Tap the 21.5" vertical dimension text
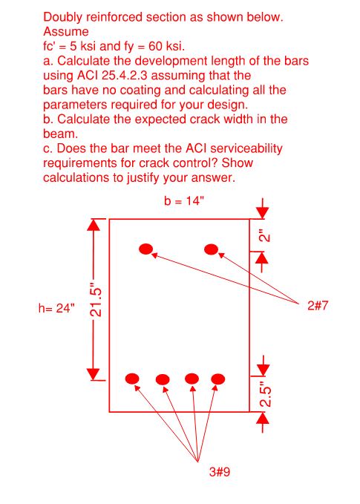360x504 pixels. pyautogui.click(x=95, y=299)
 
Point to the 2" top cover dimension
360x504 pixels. pyautogui.click(x=265, y=236)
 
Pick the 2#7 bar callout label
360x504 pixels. pyautogui.click(x=317, y=304)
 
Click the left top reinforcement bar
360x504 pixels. pyautogui.click(x=146, y=248)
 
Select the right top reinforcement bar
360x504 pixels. pyautogui.click(x=211, y=248)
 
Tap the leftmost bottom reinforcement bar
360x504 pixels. pyautogui.click(x=133, y=379)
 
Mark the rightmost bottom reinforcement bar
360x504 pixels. pyautogui.click(x=217, y=379)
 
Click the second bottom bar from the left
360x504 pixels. pyautogui.click(x=163, y=379)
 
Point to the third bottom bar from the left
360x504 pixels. pyautogui.click(x=192, y=379)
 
